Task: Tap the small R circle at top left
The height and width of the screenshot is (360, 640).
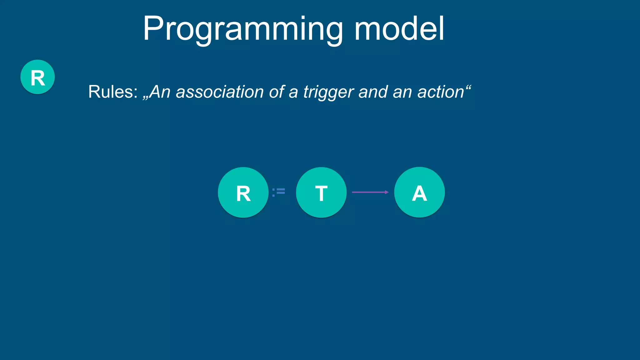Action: coord(37,77)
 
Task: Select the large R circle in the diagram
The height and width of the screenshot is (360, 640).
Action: coord(243,192)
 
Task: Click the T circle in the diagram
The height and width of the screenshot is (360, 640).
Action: coord(321,192)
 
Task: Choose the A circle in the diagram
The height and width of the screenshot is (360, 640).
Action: coord(419,192)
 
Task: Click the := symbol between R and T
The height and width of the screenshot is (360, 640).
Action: coord(278,192)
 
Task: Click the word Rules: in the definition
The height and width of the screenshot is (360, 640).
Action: coord(113,92)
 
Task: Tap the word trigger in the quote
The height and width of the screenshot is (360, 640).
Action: coord(329,92)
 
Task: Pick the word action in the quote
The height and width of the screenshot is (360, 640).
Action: coord(440,92)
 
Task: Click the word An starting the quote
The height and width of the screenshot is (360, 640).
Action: coord(160,92)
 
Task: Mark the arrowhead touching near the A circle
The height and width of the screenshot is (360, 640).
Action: coord(387,192)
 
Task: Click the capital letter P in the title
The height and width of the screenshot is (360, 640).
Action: coord(153,28)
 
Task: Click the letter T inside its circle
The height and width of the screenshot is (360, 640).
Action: coord(321,193)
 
